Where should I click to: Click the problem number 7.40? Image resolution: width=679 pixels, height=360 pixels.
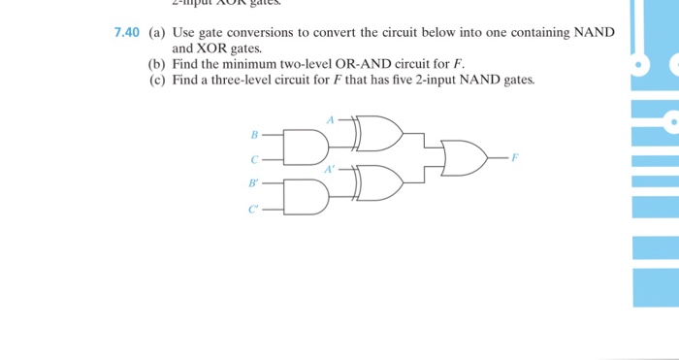point(127,32)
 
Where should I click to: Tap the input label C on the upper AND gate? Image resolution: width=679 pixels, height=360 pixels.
point(254,159)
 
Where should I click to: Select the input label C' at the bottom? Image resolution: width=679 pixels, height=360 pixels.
point(254,208)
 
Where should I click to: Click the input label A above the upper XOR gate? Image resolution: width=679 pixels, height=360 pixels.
point(330,120)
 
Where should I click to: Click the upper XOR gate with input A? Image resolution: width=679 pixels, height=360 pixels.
point(378,133)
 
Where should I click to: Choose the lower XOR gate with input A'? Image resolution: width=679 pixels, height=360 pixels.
point(378,182)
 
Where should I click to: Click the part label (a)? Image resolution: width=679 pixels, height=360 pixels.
point(157,32)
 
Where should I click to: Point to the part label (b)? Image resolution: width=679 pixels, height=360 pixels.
point(157,63)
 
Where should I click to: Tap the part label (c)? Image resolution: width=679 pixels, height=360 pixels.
point(157,80)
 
